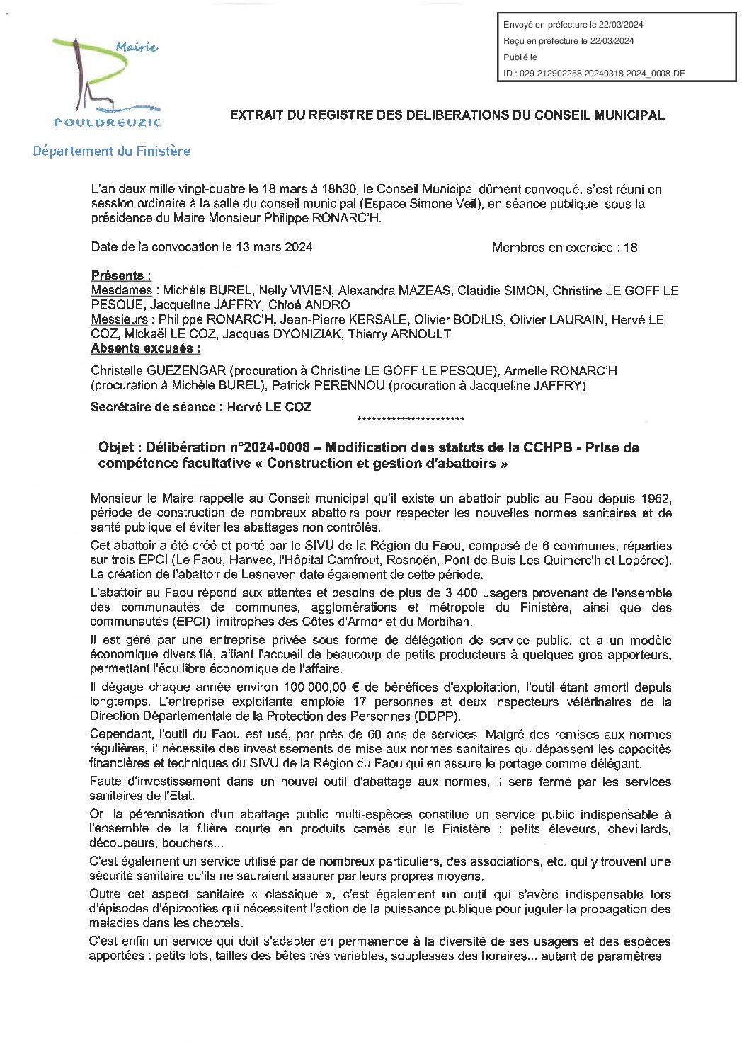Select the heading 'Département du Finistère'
click(x=111, y=151)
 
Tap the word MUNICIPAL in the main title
click(x=630, y=115)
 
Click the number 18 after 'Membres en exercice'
click(x=630, y=248)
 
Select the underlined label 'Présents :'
click(x=121, y=276)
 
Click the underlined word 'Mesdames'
click(x=121, y=290)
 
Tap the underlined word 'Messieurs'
click(x=120, y=320)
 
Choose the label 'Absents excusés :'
click(x=145, y=348)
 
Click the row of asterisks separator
click(x=411, y=420)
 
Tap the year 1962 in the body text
click(x=656, y=498)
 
